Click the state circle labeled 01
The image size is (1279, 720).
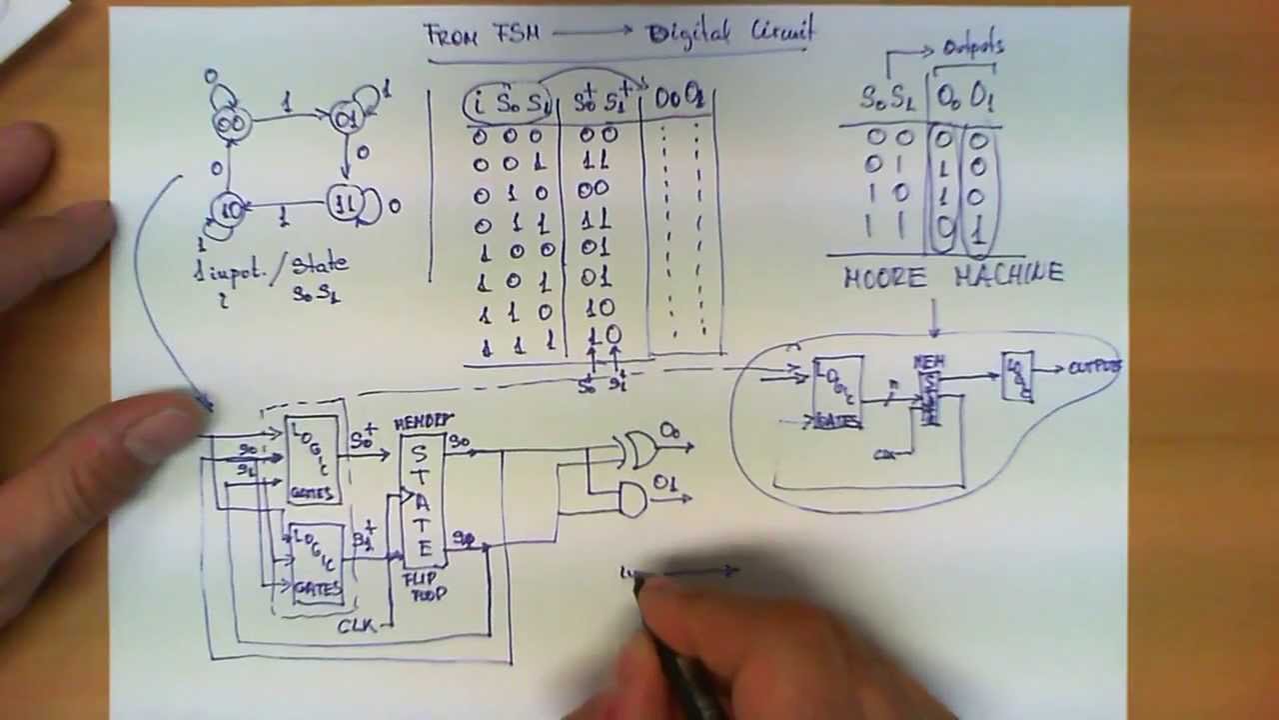(347, 119)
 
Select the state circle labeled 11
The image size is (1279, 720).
(346, 205)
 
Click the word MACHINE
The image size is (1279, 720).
(1008, 273)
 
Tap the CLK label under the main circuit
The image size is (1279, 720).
(356, 625)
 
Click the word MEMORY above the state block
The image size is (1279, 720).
(423, 422)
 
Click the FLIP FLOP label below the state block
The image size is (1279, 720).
(425, 586)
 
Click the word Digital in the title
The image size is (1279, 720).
(693, 33)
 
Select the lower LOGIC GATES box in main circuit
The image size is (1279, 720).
(316, 564)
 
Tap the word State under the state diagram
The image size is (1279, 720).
(320, 265)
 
